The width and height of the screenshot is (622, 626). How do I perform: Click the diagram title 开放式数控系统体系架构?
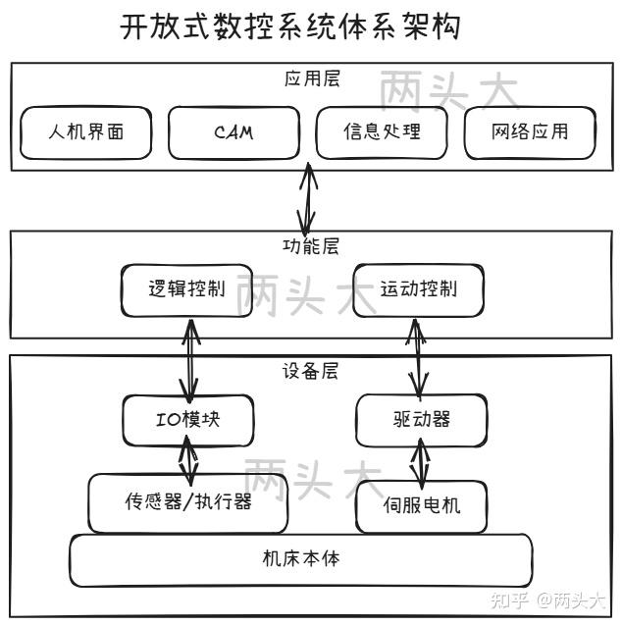289,26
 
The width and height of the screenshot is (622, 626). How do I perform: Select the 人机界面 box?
86,131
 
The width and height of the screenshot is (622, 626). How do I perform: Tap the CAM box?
233,131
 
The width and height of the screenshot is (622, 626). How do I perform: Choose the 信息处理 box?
382,131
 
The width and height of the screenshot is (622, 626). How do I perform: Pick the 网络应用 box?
530,131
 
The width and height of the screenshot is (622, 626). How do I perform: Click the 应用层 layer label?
312,79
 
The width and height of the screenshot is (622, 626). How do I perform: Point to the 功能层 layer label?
311,246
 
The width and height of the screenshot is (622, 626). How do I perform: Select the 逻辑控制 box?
186,289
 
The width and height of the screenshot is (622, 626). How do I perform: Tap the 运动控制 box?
418,289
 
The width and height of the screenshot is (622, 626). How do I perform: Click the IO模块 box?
187,419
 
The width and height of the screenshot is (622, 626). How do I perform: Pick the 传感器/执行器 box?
187,502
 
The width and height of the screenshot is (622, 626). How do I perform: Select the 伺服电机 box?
421,506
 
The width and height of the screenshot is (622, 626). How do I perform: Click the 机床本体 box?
300,559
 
